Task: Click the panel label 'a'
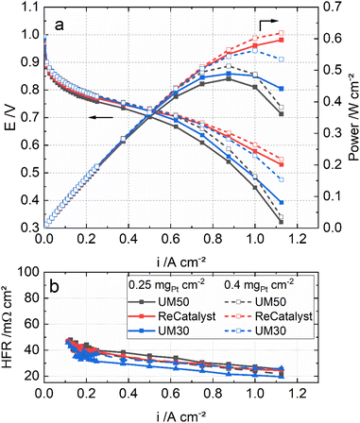60,26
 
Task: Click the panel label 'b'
59,281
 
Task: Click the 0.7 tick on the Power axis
321,12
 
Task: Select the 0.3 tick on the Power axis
321,135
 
